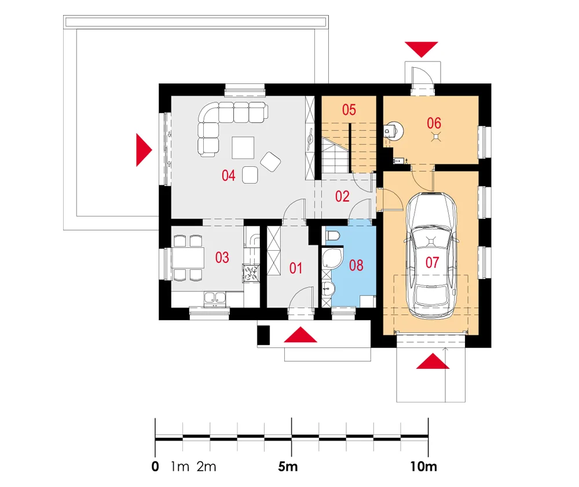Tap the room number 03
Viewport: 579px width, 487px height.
(222, 258)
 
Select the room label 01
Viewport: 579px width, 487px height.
(296, 268)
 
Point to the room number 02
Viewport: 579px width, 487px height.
(343, 196)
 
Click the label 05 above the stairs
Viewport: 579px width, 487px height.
(348, 109)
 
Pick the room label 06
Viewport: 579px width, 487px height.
(434, 123)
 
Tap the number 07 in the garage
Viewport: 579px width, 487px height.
(433, 262)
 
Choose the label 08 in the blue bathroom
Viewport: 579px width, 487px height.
(356, 266)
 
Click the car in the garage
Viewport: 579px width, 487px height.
(431, 255)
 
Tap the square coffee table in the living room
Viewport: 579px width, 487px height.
(242, 147)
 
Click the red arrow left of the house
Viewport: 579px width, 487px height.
(143, 149)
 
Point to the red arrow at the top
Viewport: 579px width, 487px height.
(422, 49)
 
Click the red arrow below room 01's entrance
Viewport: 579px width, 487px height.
(301, 335)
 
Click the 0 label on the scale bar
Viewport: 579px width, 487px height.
(155, 467)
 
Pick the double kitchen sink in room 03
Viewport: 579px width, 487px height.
(214, 298)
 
